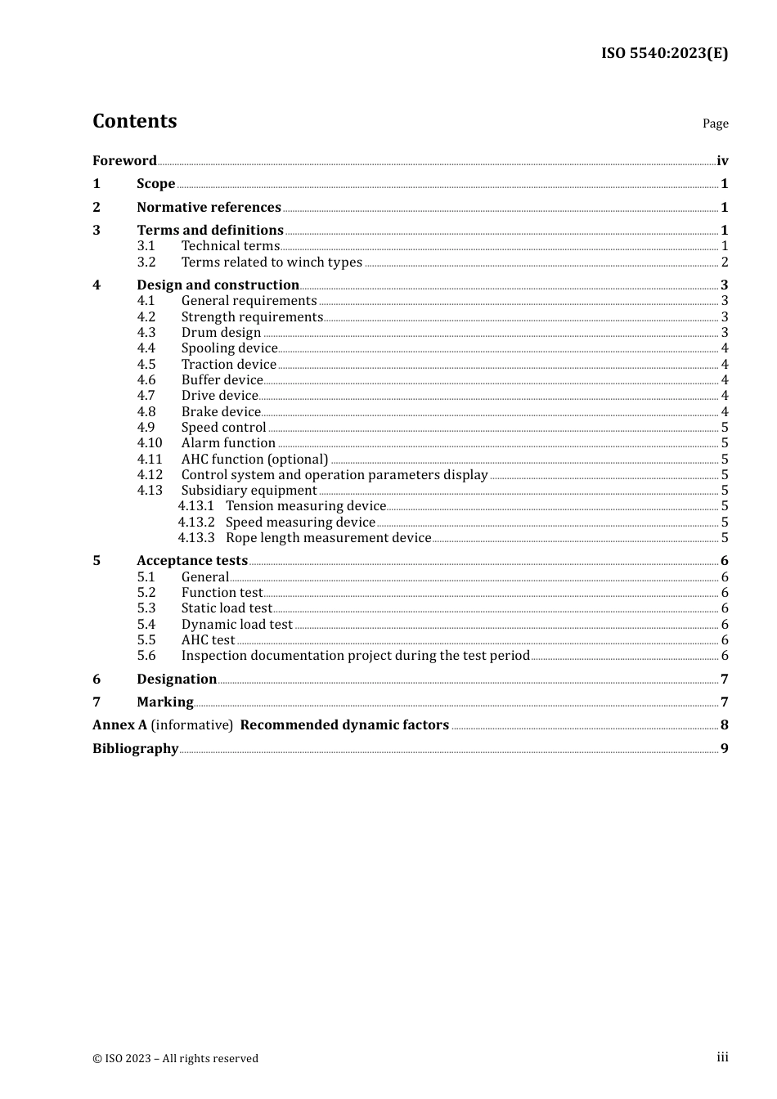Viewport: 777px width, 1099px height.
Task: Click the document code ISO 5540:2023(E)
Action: (x=664, y=54)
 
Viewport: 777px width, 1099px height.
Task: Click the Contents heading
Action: (x=134, y=121)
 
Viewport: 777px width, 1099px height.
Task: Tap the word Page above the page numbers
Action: (x=715, y=123)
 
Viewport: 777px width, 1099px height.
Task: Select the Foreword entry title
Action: (x=124, y=161)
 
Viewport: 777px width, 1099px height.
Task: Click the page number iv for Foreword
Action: (x=722, y=161)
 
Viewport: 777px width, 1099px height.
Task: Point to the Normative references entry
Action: (x=209, y=208)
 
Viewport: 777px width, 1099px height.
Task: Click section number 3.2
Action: (x=146, y=262)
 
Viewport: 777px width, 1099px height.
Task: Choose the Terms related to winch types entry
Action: (x=272, y=262)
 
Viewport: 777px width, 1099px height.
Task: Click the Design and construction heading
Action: (x=218, y=285)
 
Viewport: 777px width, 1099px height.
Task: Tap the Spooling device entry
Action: (x=229, y=348)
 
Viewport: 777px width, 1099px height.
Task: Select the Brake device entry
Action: (x=221, y=412)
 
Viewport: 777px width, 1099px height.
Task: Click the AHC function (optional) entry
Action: (x=254, y=460)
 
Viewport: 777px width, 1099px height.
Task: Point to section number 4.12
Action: (x=150, y=475)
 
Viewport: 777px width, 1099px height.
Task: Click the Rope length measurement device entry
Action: (x=328, y=538)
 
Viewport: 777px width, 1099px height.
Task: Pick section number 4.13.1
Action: (x=196, y=506)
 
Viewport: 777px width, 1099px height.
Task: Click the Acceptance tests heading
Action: (x=192, y=561)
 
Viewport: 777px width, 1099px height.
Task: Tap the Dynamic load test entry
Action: (x=236, y=625)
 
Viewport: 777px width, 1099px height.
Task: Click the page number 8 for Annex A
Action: (x=724, y=725)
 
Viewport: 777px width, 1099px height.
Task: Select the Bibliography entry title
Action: (x=135, y=749)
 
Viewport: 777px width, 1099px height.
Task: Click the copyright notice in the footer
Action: (x=175, y=1058)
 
